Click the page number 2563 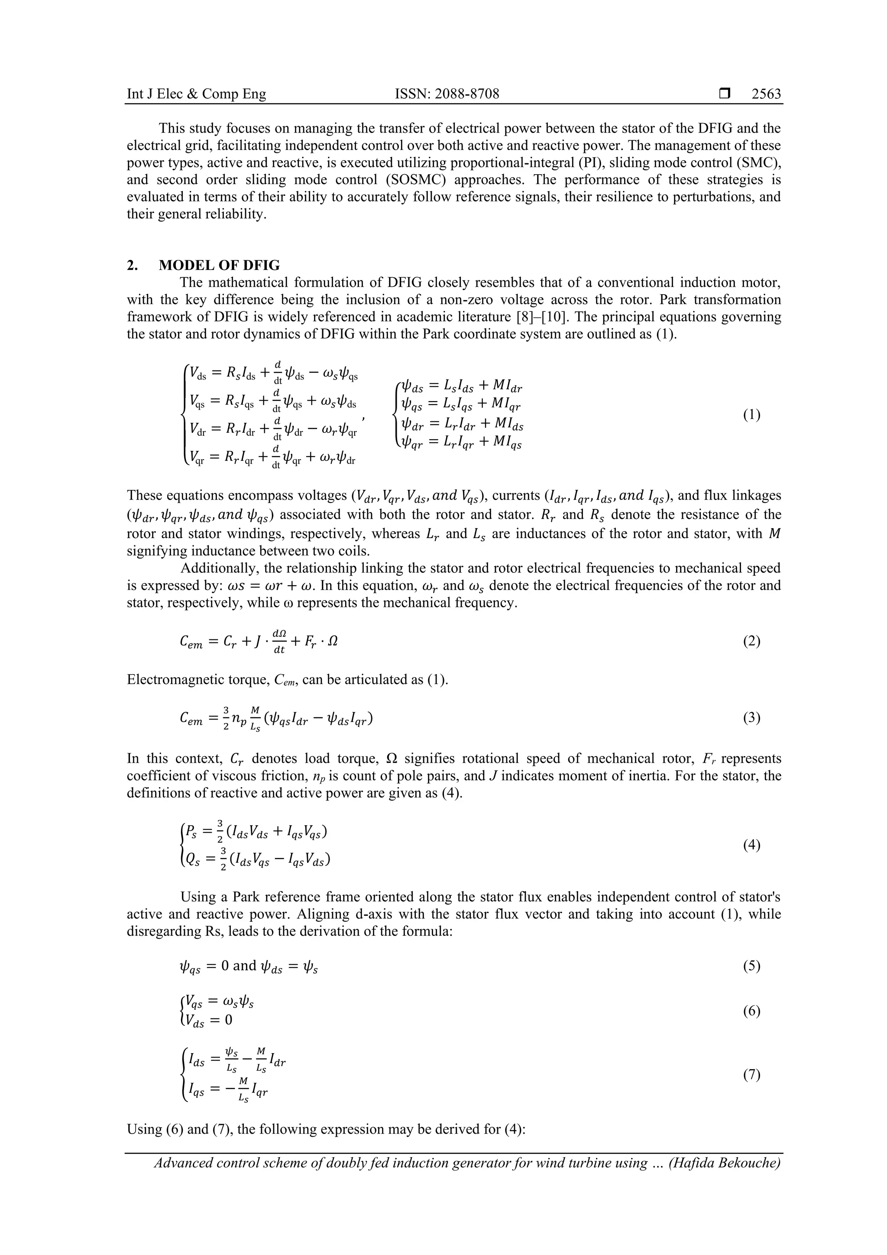click(766, 94)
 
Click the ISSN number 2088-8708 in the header click(447, 94)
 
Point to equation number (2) click(751, 641)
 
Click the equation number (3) click(751, 717)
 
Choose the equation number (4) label click(751, 845)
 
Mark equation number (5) click(751, 965)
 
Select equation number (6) click(751, 1011)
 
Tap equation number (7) click(751, 1075)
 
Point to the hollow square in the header click(725, 94)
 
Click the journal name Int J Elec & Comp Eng click(196, 94)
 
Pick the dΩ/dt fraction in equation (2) click(279, 641)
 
